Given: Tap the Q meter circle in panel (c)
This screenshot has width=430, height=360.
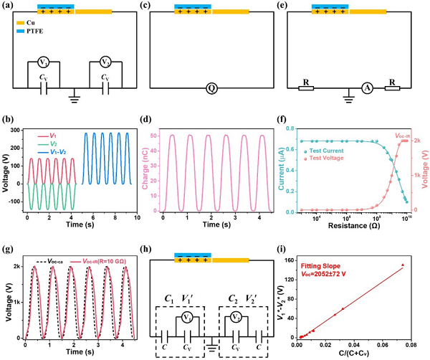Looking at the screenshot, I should click(212, 88).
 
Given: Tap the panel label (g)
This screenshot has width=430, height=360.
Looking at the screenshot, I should click(8, 250).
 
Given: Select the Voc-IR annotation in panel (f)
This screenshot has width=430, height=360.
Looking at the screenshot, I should click(406, 135).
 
